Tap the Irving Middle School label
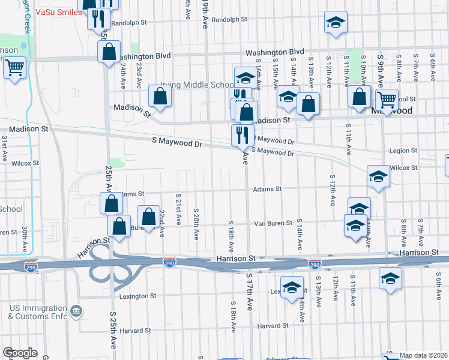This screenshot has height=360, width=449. pyautogui.click(x=196, y=85)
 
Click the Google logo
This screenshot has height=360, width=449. pyautogui.click(x=20, y=353)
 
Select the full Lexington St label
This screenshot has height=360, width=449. pyautogui.click(x=137, y=296)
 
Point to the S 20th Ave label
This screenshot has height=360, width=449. pyautogui.click(x=196, y=221)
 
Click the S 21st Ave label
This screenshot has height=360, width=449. pyautogui.click(x=178, y=208)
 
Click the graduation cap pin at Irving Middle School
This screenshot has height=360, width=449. pyautogui.click(x=245, y=77)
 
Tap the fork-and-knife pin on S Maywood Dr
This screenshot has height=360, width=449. pyautogui.click(x=243, y=135)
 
